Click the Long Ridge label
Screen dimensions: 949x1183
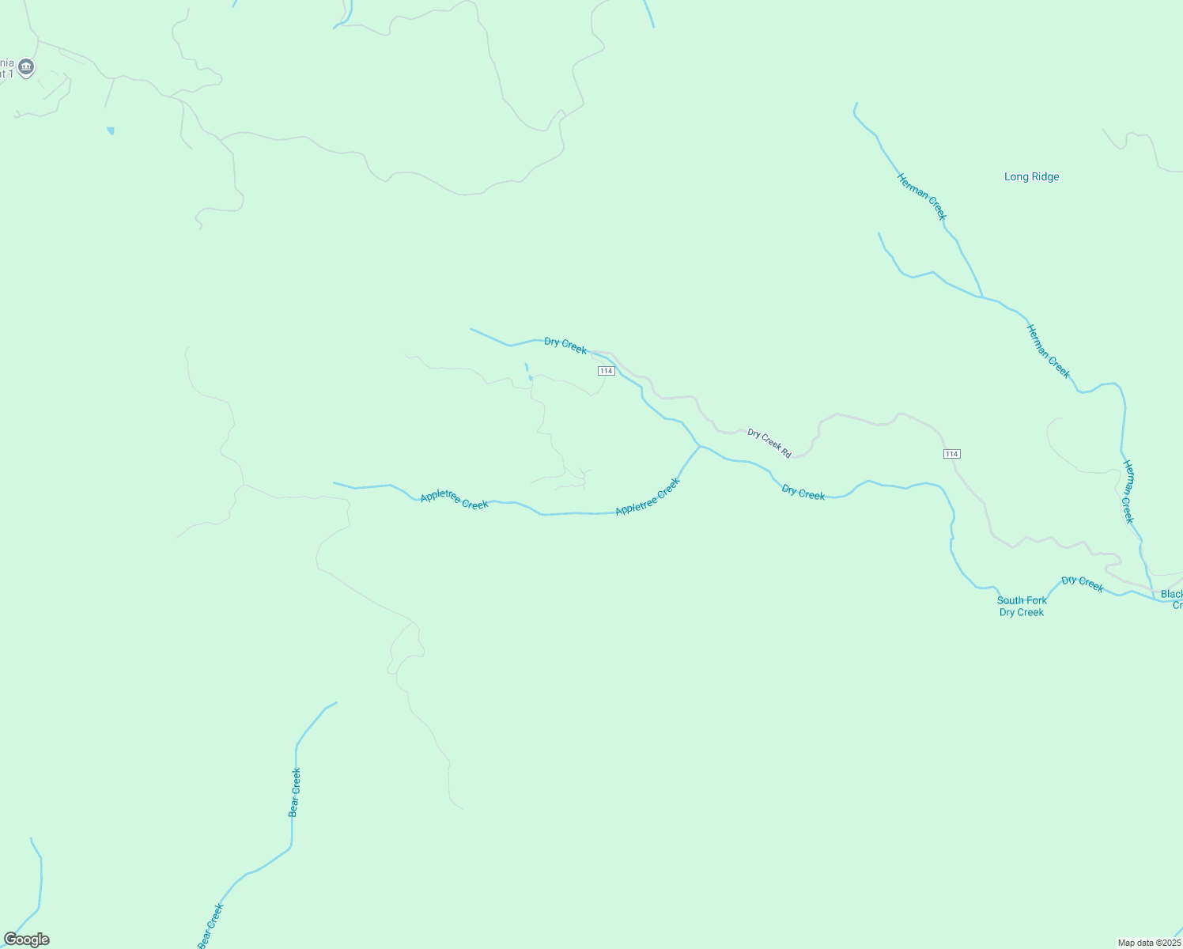tap(1031, 177)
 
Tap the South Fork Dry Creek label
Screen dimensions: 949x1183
tap(1022, 607)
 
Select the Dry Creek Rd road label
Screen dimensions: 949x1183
tap(769, 443)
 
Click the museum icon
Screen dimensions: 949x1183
tap(26, 67)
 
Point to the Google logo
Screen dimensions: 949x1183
tap(26, 940)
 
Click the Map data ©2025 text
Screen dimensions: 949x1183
tap(1149, 943)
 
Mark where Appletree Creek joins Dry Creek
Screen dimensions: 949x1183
tap(700, 446)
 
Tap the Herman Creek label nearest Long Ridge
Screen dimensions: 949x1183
tap(921, 196)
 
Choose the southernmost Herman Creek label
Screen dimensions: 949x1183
tap(1128, 492)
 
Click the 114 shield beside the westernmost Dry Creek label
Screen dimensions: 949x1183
tap(606, 371)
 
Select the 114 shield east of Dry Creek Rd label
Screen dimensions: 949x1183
tap(951, 454)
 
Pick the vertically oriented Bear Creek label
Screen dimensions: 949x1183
tap(294, 792)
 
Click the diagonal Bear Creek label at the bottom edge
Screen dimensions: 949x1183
tap(210, 926)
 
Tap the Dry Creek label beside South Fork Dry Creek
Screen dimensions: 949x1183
tap(1083, 584)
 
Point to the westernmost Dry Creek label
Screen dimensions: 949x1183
tap(565, 346)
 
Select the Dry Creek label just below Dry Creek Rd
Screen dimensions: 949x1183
tap(803, 493)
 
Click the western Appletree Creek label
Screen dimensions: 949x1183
tap(454, 499)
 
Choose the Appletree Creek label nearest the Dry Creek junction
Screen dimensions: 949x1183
tap(648, 497)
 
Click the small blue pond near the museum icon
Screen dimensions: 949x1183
tap(111, 130)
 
